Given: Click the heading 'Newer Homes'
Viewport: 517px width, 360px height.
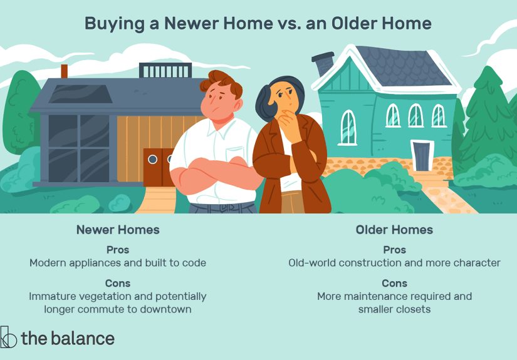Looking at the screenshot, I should pos(118,230).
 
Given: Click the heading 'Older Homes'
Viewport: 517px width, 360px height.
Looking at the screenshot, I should pos(394,230).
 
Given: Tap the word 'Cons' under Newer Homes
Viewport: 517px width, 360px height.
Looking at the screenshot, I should pos(118,282).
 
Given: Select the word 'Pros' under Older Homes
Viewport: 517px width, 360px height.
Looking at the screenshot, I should pos(394,249).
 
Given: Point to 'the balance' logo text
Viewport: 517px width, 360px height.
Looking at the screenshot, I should pos(68,339).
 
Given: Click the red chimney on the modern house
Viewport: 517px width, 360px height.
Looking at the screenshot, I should pos(64,71).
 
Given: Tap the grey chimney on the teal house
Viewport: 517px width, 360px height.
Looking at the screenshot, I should pos(323,63).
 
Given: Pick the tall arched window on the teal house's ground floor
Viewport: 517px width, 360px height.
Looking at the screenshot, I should pos(348,127).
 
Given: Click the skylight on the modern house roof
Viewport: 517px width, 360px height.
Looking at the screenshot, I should pos(80,93).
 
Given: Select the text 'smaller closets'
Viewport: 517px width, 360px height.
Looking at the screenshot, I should pos(394,309).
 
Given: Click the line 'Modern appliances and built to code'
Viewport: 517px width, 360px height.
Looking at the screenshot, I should pos(118,263).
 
